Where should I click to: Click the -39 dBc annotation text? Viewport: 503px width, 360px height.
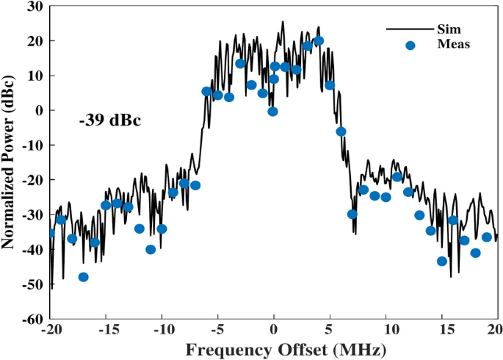(x=109, y=119)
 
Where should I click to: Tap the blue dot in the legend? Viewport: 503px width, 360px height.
(x=410, y=46)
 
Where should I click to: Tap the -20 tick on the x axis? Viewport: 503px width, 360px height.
(x=50, y=329)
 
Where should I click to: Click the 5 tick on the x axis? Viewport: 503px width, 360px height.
(x=330, y=329)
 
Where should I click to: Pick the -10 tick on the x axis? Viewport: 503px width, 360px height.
(x=162, y=329)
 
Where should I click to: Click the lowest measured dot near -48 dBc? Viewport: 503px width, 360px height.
(x=83, y=277)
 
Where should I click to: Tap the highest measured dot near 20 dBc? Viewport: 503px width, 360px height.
(x=319, y=41)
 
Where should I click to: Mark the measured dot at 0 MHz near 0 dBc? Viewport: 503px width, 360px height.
(x=273, y=112)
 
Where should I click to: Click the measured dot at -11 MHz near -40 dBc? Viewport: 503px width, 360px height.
(x=151, y=250)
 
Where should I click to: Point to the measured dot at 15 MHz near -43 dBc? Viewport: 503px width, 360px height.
(x=442, y=262)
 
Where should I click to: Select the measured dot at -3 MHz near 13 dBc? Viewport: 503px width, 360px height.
(x=240, y=64)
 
